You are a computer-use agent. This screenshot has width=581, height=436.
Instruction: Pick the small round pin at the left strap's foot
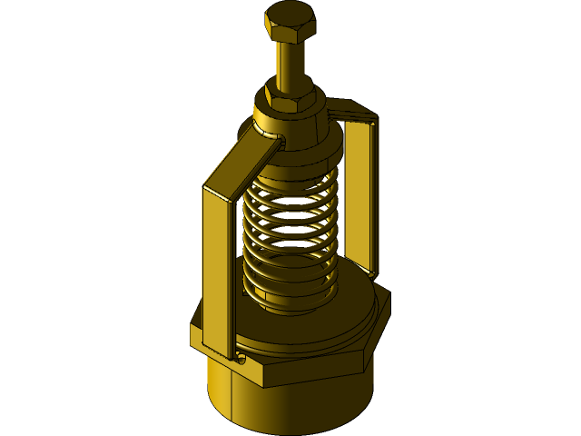point(241,360)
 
